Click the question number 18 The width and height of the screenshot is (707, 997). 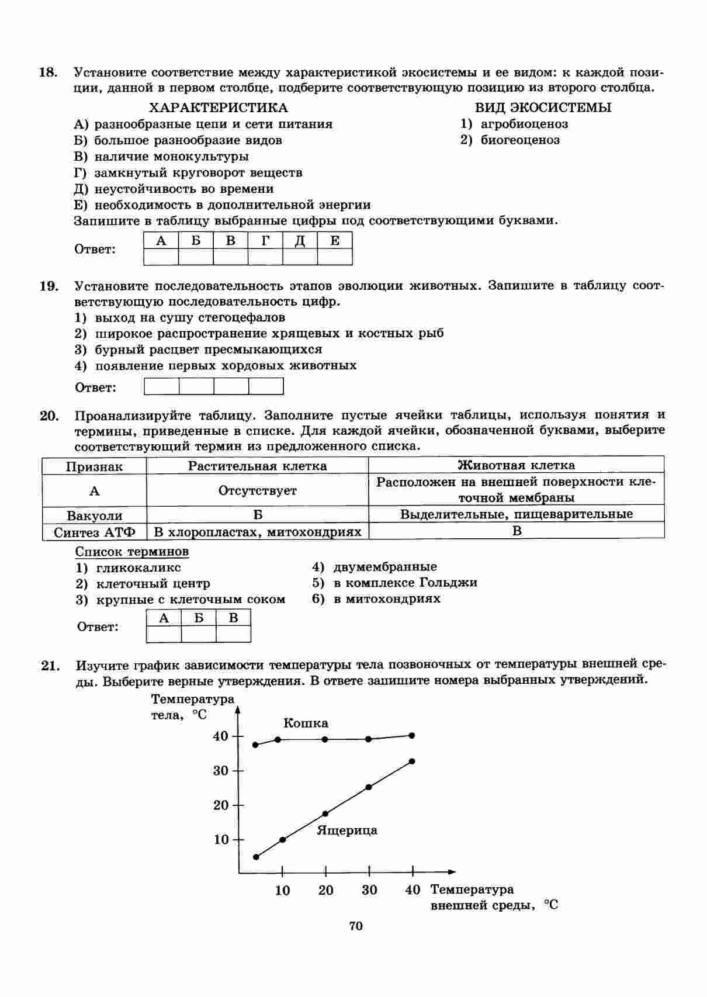pyautogui.click(x=48, y=72)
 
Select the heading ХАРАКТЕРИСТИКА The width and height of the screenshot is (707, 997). pyautogui.click(x=219, y=108)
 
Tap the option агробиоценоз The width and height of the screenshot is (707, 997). pyautogui.click(x=524, y=124)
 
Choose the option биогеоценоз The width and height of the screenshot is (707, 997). pyautogui.click(x=519, y=140)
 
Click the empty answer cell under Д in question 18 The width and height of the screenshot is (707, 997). pyautogui.click(x=300, y=257)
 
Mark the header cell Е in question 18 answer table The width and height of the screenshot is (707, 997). pyautogui.click(x=335, y=241)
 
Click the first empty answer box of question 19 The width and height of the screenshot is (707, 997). pyautogui.click(x=161, y=386)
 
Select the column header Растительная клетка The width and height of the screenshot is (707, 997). pyautogui.click(x=257, y=466)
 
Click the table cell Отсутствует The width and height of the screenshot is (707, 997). pyautogui.click(x=257, y=491)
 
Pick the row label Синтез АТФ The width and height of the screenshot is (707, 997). pyautogui.click(x=94, y=532)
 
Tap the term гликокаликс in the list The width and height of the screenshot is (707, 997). pyautogui.click(x=138, y=568)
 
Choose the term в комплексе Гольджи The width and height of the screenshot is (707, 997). pyautogui.click(x=405, y=583)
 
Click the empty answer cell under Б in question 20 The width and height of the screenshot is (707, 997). pyautogui.click(x=199, y=634)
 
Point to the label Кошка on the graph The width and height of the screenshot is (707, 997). pyautogui.click(x=306, y=723)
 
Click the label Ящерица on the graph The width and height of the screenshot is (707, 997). pyautogui.click(x=347, y=830)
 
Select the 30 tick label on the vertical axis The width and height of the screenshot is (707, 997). pyautogui.click(x=221, y=771)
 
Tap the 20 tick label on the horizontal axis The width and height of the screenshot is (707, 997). pyautogui.click(x=326, y=890)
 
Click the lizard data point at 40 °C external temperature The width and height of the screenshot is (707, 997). pyautogui.click(x=412, y=761)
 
